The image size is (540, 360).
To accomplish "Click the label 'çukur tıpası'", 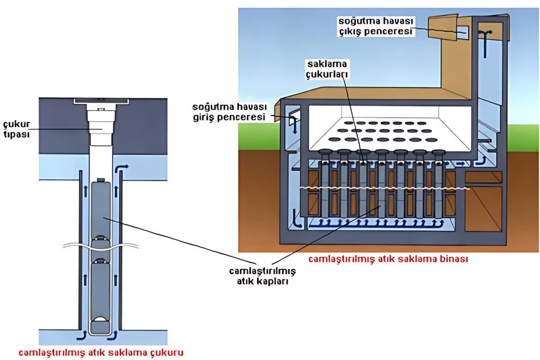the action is click(x=17, y=129).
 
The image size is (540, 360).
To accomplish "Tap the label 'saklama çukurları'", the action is click(x=327, y=69).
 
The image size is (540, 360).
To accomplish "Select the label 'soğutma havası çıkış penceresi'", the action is click(x=376, y=26).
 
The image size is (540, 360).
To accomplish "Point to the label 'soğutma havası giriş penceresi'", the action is click(x=229, y=112).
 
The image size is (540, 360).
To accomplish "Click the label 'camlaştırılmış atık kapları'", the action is click(x=262, y=276).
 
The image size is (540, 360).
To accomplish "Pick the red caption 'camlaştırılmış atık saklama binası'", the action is click(x=388, y=259).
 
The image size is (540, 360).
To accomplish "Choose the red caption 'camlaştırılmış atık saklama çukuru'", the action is click(x=101, y=353).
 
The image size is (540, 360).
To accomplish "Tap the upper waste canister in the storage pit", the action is click(x=100, y=210).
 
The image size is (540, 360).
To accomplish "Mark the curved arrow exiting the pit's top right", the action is click(x=121, y=169).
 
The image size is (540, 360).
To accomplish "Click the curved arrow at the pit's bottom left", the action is click(x=81, y=335).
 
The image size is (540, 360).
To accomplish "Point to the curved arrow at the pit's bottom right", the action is click(x=113, y=335).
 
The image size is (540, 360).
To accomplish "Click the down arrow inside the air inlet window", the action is click(x=295, y=126).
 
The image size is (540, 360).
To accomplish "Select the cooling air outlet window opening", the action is click(x=462, y=33).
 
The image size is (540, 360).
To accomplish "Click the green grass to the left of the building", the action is click(x=258, y=136).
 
